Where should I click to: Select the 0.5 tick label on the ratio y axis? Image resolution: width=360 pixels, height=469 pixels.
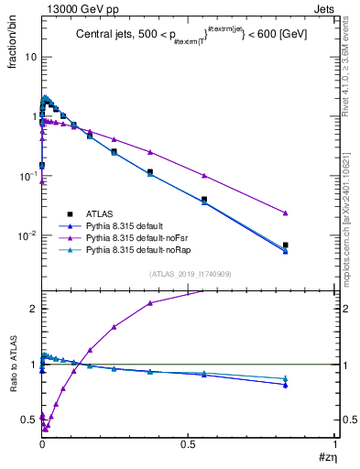click(x=28, y=420)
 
